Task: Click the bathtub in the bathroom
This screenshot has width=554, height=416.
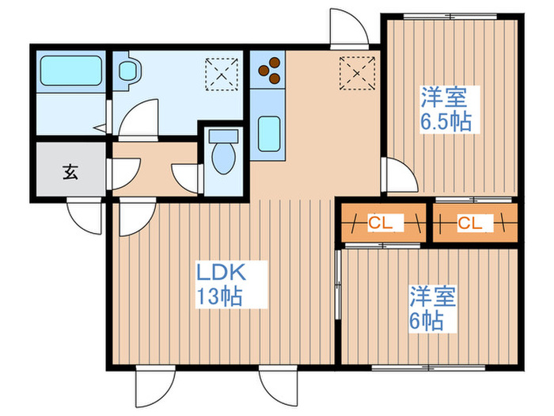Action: point(70,71)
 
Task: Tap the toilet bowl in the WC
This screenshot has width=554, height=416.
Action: point(224,158)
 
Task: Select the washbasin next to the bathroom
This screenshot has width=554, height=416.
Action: point(127,71)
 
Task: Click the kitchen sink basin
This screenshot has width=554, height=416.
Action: point(269,134)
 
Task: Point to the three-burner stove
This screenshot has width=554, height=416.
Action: point(270,71)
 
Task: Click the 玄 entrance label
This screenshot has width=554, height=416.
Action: point(70,172)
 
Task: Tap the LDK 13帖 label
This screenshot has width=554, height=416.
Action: point(221,284)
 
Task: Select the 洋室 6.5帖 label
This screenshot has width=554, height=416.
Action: point(446,109)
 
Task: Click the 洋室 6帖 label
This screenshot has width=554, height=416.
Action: point(432,308)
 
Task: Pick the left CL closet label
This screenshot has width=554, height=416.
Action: point(381,223)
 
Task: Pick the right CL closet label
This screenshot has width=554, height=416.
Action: point(470,223)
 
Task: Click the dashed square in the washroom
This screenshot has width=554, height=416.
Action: point(222,74)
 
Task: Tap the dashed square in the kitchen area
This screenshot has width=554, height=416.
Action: point(357,73)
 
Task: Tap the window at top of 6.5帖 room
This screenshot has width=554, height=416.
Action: point(450,17)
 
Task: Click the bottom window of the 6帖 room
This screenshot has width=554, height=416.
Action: point(429,368)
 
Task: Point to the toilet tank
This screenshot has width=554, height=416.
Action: point(223,136)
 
